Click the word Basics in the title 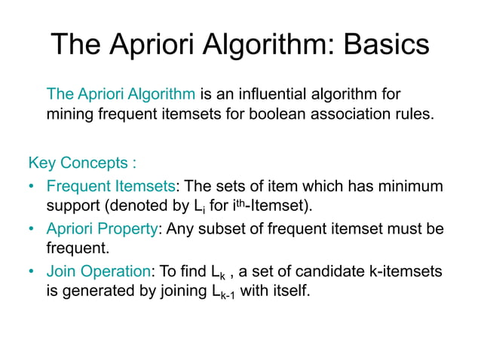point(386,46)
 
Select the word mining point(67,116)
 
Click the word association point(328,116)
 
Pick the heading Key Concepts point(82,163)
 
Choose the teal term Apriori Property point(102,229)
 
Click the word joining point(176,291)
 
